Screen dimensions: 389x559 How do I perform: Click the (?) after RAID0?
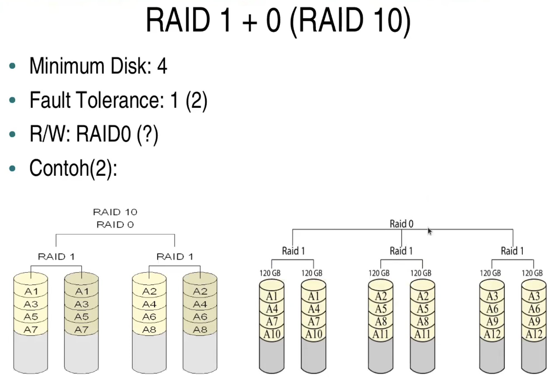point(148,134)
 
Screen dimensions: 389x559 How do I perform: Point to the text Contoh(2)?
point(73,168)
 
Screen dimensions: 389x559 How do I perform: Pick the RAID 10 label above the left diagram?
point(115,212)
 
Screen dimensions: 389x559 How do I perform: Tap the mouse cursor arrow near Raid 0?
point(430,231)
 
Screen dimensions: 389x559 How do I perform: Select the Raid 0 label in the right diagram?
point(401,224)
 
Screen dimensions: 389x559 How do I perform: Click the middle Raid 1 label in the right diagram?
point(401,251)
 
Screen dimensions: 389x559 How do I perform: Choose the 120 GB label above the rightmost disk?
point(532,273)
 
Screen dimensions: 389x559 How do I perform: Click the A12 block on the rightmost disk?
point(534,334)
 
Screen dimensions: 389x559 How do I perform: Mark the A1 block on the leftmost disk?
point(31,291)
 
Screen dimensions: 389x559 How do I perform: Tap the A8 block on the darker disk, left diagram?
point(200,330)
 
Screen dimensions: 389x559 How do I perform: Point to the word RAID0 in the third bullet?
point(103,134)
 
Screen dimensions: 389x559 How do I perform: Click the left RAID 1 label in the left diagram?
point(56,257)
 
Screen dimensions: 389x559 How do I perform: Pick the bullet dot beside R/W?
point(12,134)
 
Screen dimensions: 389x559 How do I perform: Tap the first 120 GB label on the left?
point(270,273)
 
